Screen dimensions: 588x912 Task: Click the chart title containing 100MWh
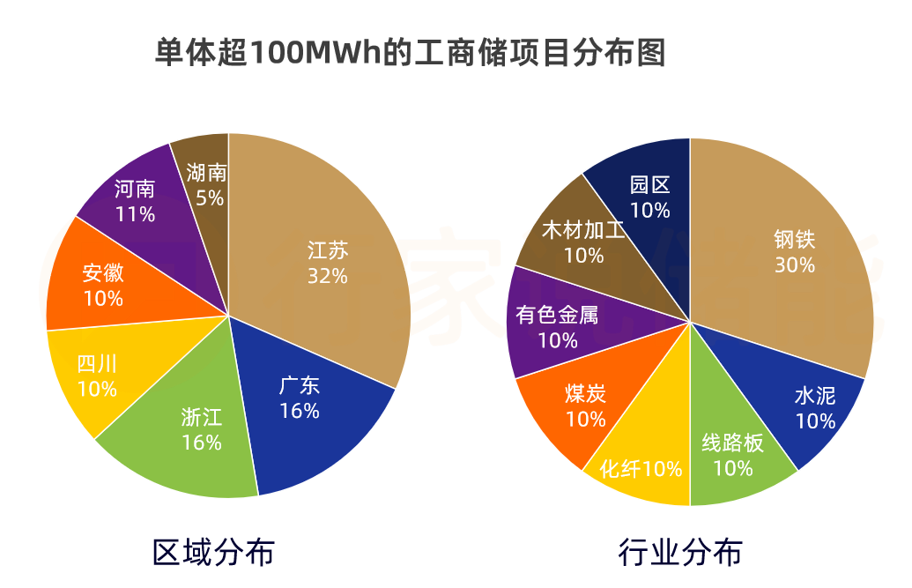(x=410, y=52)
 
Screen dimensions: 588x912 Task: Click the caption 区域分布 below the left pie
(x=213, y=552)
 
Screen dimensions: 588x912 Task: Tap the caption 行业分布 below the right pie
(x=679, y=552)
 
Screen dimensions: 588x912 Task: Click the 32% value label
(x=327, y=276)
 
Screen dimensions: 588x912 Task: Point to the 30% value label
(x=794, y=264)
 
